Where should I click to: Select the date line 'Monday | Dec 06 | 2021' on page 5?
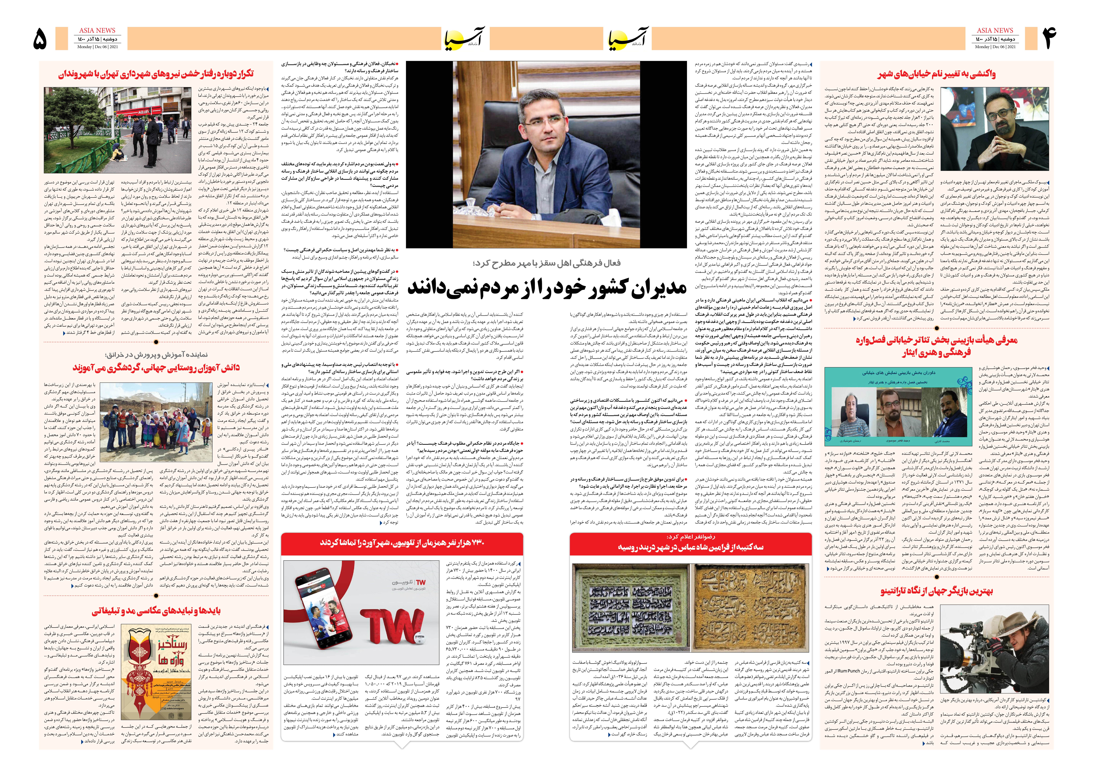click(x=98, y=47)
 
